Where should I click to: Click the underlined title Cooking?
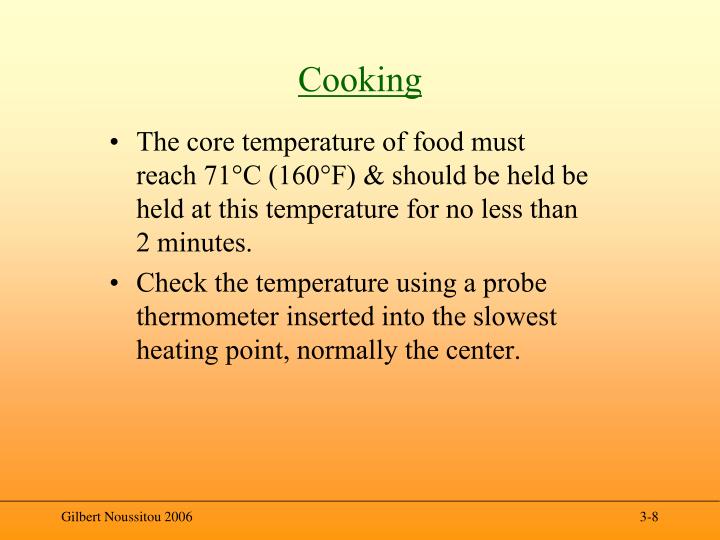click(360, 79)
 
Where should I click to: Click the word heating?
click(172, 352)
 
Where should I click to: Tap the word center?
click(485, 352)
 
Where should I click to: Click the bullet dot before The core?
click(118, 144)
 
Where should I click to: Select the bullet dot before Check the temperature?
click(118, 285)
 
